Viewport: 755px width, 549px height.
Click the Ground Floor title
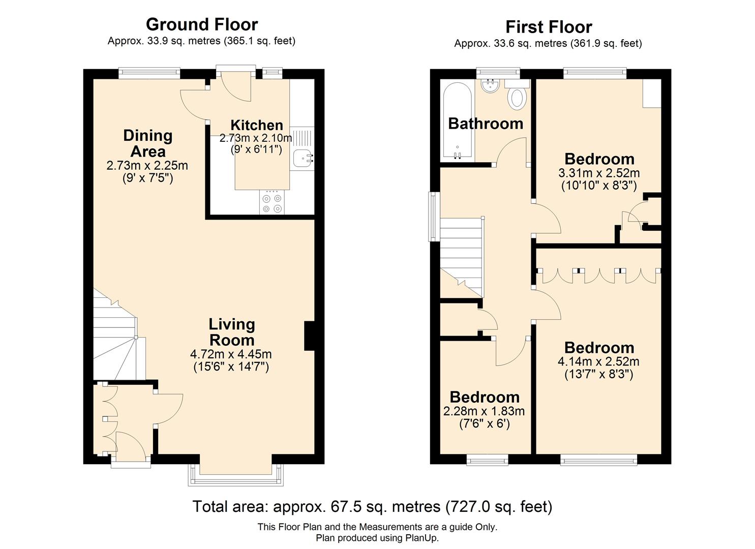(x=202, y=24)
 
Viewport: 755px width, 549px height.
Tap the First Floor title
(x=548, y=27)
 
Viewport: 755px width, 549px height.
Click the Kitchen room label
(x=256, y=125)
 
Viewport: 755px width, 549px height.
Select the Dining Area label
(x=147, y=143)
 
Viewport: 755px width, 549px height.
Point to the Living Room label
(x=231, y=332)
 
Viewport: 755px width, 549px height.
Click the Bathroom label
(x=485, y=124)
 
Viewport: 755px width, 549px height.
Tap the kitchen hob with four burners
(x=272, y=203)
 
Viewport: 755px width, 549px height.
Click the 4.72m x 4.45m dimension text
(x=231, y=354)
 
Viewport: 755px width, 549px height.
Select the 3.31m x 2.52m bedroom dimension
(x=598, y=173)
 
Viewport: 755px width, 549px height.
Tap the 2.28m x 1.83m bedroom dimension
(x=484, y=411)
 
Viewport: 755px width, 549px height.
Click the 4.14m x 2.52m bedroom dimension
(x=598, y=361)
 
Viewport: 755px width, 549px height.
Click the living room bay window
(x=235, y=475)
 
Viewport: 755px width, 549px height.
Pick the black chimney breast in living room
(x=309, y=336)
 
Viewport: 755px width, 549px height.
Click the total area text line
(x=372, y=507)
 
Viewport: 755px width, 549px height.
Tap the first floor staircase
(x=461, y=257)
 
